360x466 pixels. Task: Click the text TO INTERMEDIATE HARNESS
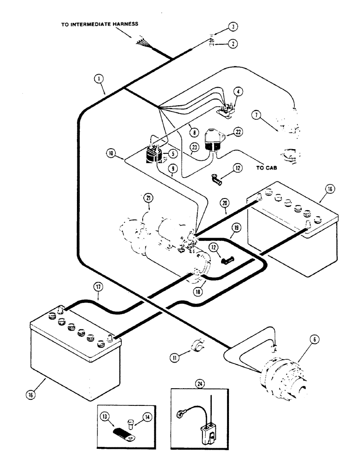tap(99, 24)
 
